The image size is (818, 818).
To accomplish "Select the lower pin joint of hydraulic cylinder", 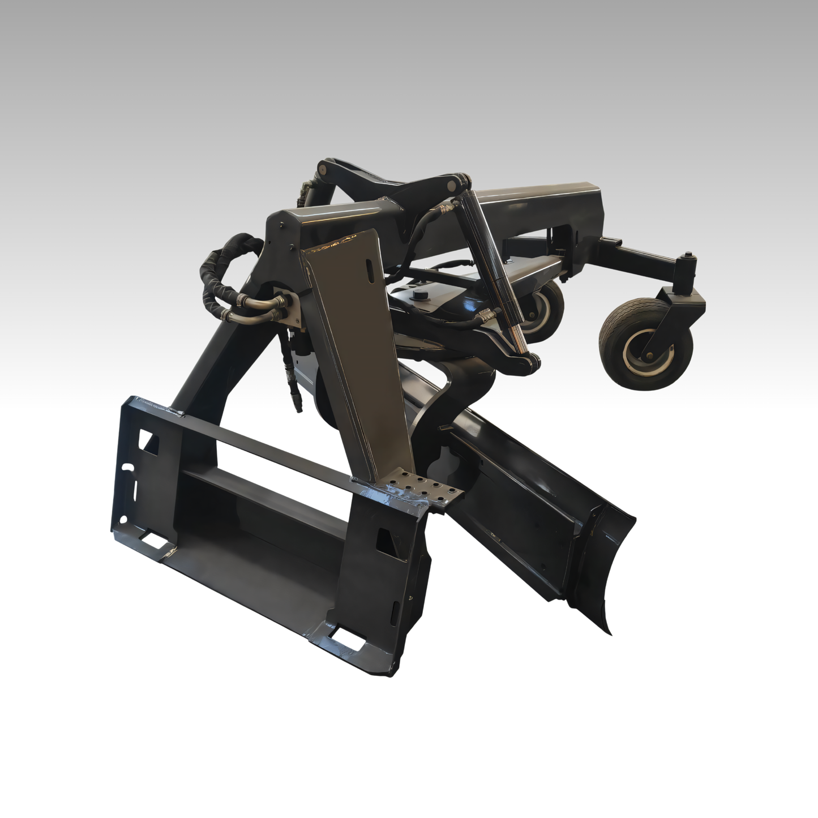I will click(532, 362).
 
